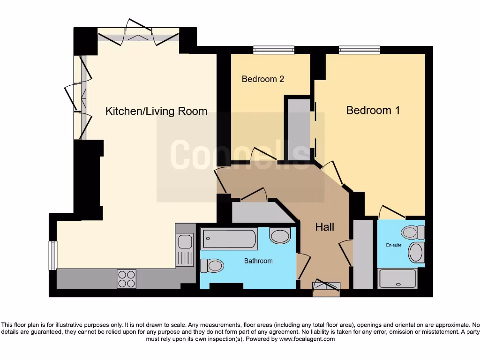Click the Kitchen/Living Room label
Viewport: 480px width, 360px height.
[156, 111]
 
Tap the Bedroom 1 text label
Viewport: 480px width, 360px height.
[373, 110]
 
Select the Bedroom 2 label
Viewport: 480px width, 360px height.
[263, 79]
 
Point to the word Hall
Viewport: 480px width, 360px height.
[324, 227]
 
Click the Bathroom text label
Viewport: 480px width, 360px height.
[258, 261]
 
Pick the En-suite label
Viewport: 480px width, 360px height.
[394, 245]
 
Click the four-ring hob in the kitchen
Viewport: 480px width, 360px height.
[126, 279]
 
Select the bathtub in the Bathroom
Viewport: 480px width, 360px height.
[229, 239]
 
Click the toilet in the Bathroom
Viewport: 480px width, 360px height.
[212, 266]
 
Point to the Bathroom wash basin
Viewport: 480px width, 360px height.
[280, 235]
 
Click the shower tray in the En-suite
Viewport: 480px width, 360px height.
[397, 278]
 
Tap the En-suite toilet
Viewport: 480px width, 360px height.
[413, 232]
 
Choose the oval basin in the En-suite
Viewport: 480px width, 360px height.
[416, 253]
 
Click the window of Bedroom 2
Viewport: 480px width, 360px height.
[274, 50]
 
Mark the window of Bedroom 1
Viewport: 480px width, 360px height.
[360, 50]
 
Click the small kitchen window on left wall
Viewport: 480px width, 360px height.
[53, 255]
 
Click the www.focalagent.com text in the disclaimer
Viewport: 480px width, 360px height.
[307, 338]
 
